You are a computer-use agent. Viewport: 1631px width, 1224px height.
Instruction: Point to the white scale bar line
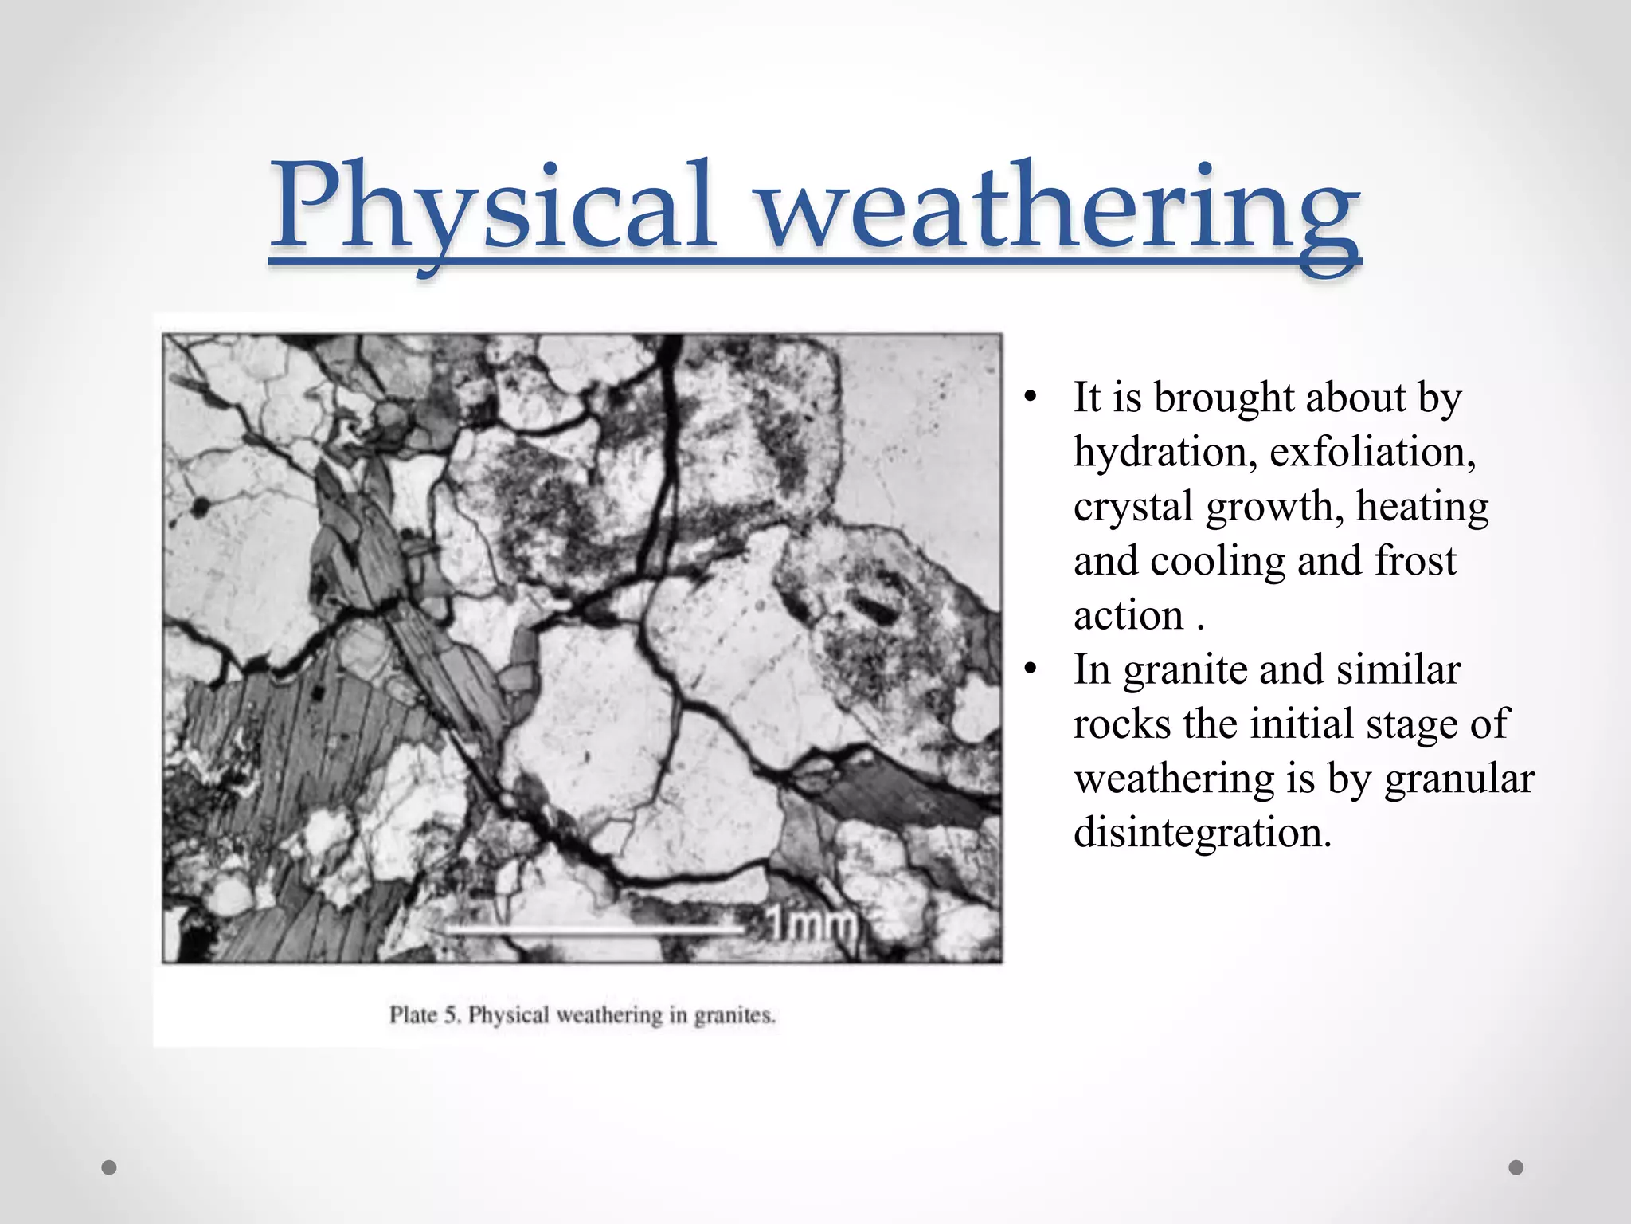click(x=597, y=929)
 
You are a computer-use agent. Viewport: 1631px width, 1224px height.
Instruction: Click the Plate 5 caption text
click(x=581, y=1015)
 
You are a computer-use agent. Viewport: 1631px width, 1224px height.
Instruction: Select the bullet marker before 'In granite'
click(x=1031, y=670)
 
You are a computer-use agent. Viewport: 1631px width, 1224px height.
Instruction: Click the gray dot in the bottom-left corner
click(x=109, y=1167)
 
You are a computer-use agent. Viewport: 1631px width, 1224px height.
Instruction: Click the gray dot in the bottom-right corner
click(x=1516, y=1167)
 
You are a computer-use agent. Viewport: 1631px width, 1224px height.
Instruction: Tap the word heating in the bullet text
click(x=1422, y=507)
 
